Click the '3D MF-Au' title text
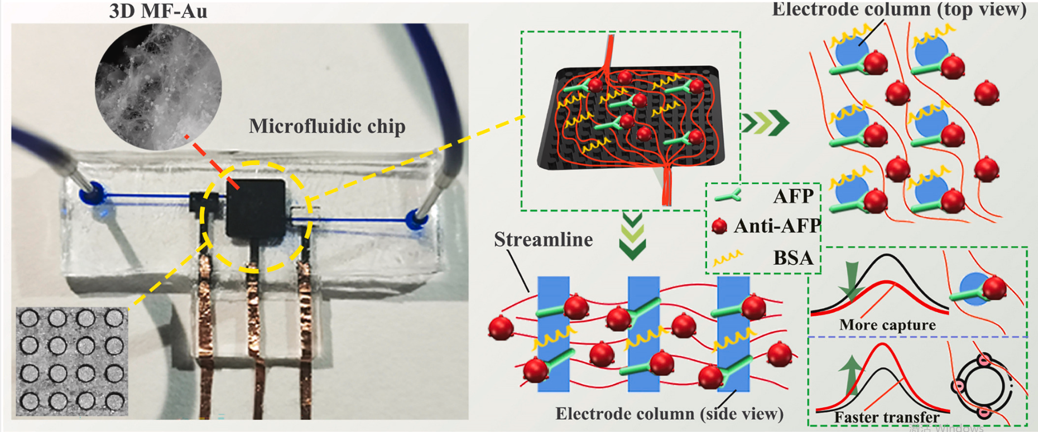[x=158, y=11]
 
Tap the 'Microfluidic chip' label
[x=327, y=126]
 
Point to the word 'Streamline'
[x=543, y=240]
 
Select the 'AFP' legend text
[x=793, y=196]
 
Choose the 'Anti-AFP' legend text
[x=777, y=226]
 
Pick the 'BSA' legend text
[x=793, y=258]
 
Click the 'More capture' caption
[x=887, y=325]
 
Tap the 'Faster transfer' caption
[x=887, y=417]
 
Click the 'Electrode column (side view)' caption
[x=669, y=414]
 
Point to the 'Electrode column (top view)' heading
[x=898, y=9]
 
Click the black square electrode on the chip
[x=256, y=207]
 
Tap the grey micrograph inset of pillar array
[x=72, y=361]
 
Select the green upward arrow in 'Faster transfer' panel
[x=851, y=376]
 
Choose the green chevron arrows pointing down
[x=632, y=237]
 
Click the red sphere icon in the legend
[x=719, y=226]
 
